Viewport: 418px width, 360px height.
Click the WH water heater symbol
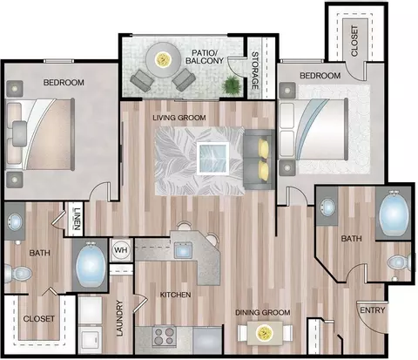click(x=121, y=250)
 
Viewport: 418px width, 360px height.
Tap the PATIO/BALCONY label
click(x=205, y=57)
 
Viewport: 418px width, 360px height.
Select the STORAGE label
click(x=254, y=71)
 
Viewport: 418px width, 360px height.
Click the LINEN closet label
click(x=77, y=219)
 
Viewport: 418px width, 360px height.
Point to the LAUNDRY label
click(x=119, y=318)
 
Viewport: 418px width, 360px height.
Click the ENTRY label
click(x=373, y=310)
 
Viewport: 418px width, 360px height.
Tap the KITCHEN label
click(x=175, y=295)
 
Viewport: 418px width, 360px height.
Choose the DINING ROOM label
click(x=262, y=312)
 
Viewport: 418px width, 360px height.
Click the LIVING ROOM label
click(x=179, y=118)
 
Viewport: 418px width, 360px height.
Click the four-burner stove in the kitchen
click(x=164, y=336)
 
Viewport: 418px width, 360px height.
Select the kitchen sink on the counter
click(x=183, y=250)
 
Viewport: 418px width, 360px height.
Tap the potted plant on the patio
click(x=232, y=85)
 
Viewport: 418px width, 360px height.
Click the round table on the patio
click(x=163, y=60)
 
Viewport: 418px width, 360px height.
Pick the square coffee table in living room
click(x=212, y=159)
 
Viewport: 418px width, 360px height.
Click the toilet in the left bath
click(x=18, y=273)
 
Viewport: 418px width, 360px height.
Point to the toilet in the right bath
click(x=400, y=263)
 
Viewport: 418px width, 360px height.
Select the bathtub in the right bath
click(x=394, y=214)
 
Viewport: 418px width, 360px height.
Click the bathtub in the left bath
click(x=91, y=265)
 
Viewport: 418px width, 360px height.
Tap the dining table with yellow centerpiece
click(x=265, y=333)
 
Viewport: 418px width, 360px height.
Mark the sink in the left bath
click(x=15, y=221)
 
